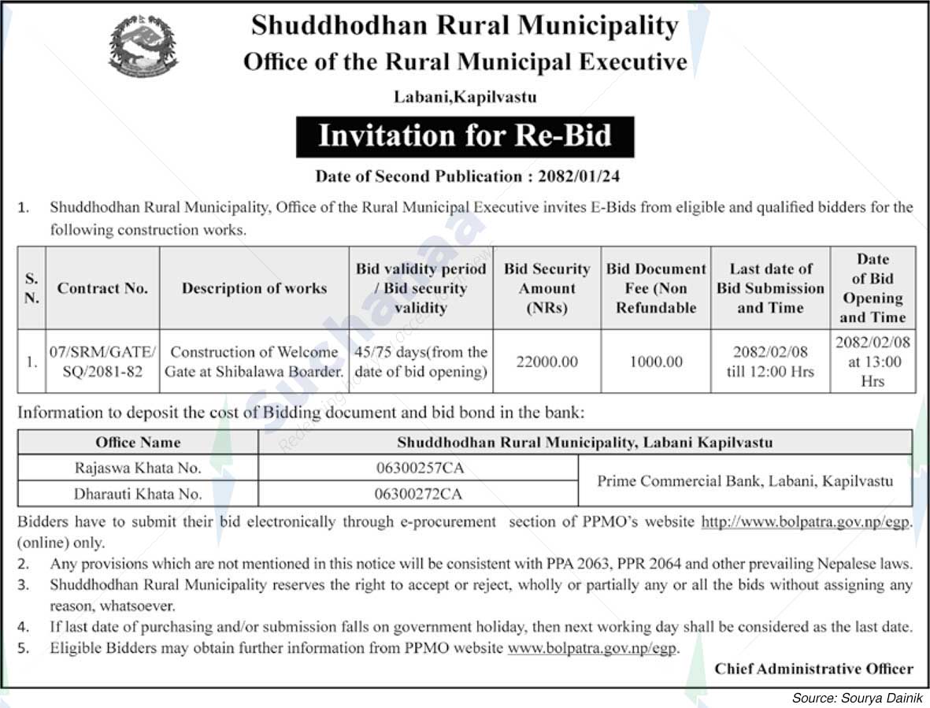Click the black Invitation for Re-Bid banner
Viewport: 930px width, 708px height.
[465, 136]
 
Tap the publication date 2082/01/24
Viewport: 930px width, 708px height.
[580, 176]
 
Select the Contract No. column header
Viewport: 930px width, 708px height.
[102, 288]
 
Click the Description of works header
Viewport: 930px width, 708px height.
[254, 288]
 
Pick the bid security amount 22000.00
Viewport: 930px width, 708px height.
[547, 362]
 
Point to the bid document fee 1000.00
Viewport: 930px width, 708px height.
[656, 362]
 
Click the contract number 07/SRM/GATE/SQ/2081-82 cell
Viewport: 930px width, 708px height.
[102, 361]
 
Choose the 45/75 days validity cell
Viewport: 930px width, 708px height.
[421, 361]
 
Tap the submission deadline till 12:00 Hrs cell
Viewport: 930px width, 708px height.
[769, 361]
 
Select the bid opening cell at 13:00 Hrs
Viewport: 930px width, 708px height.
[873, 361]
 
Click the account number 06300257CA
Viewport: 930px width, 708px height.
[420, 468]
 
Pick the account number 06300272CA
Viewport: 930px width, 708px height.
[420, 494]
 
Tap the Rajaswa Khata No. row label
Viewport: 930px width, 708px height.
[138, 468]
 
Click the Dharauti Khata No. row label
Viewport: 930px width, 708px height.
[138, 494]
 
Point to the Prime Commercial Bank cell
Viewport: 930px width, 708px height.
[745, 480]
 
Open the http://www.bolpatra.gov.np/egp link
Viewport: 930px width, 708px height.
[806, 521]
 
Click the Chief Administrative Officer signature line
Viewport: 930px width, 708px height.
[813, 669]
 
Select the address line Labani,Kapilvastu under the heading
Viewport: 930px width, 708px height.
[465, 97]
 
